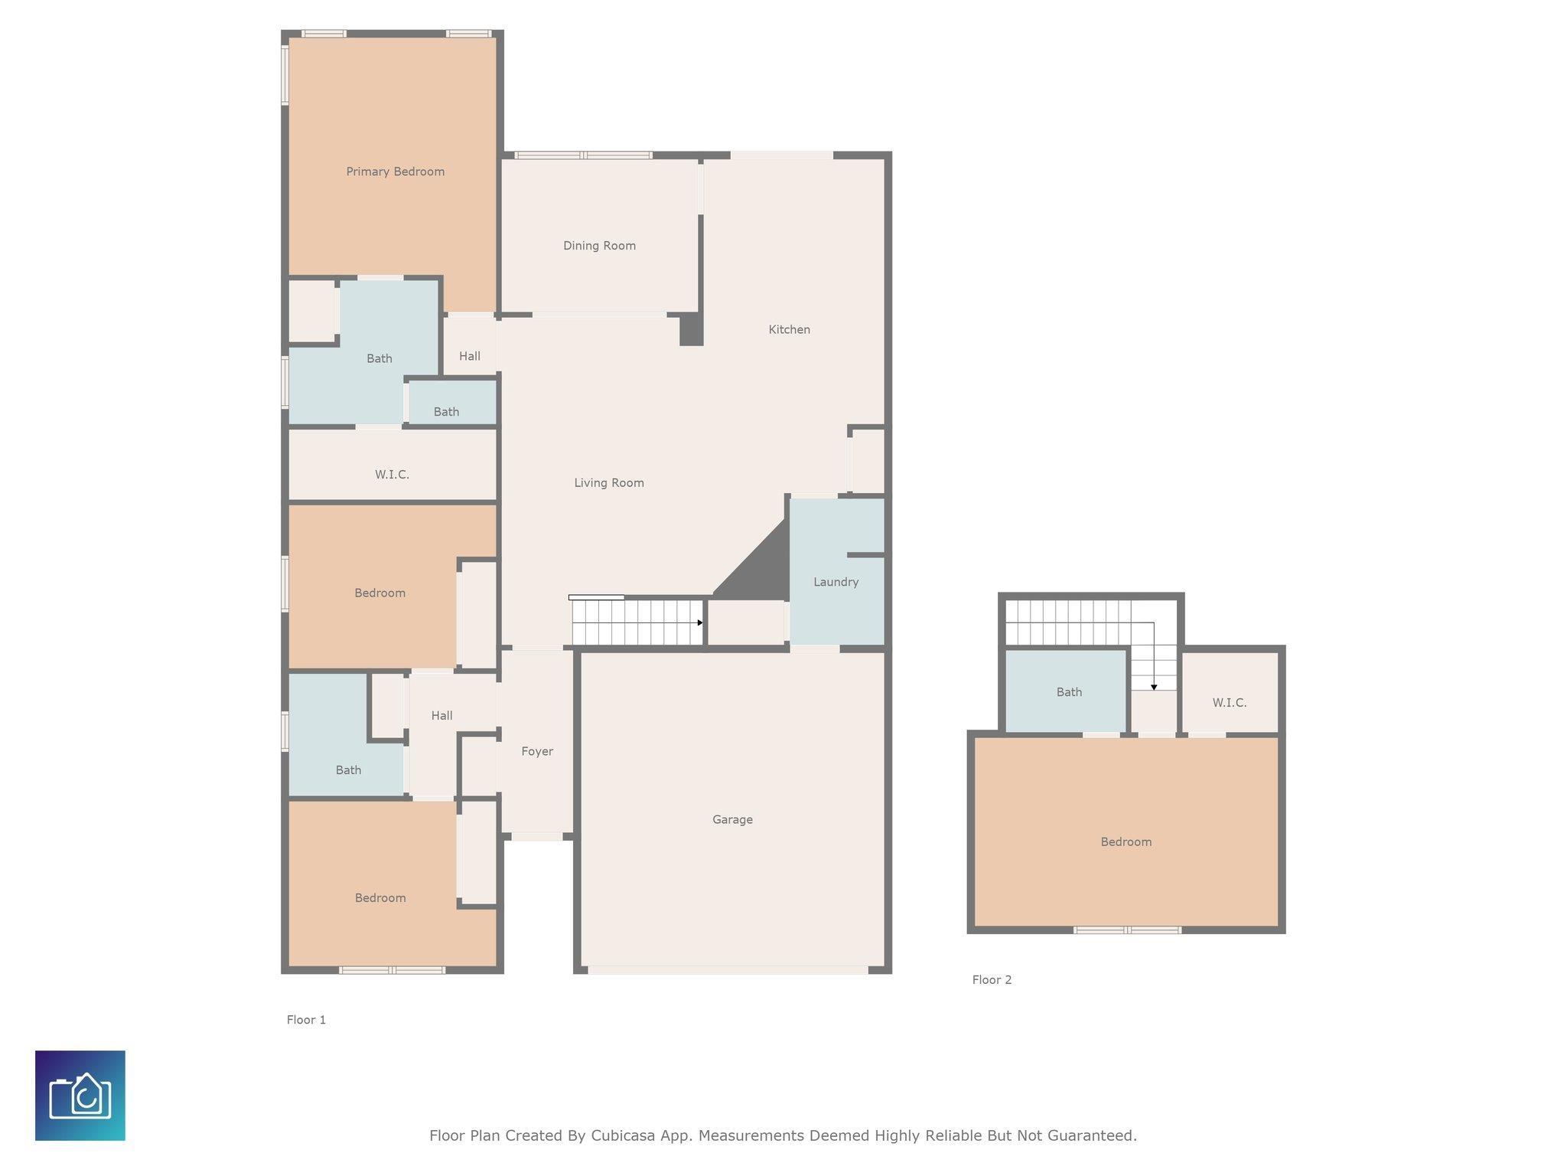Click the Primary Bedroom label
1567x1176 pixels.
click(x=395, y=171)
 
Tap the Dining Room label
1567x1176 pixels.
click(x=599, y=246)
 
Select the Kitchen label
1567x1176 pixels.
click(x=789, y=329)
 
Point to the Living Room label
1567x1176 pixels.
click(x=609, y=483)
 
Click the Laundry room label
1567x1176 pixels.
click(x=836, y=582)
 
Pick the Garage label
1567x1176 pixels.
click(x=732, y=820)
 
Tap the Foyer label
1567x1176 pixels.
click(x=537, y=752)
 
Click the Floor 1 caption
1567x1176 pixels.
click(x=306, y=1020)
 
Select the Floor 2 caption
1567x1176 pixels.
click(x=992, y=980)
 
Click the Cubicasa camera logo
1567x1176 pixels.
click(x=80, y=1096)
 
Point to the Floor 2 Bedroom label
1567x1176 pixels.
click(x=1126, y=842)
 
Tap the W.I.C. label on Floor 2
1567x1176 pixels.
click(x=1230, y=703)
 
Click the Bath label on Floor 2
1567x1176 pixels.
click(x=1069, y=692)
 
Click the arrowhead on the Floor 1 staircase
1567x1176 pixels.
click(x=700, y=622)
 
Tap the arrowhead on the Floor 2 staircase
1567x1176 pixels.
click(x=1154, y=688)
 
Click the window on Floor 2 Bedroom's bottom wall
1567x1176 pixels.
click(x=1127, y=930)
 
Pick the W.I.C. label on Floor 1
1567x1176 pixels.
click(x=392, y=475)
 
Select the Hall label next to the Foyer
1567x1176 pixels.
click(x=441, y=716)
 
